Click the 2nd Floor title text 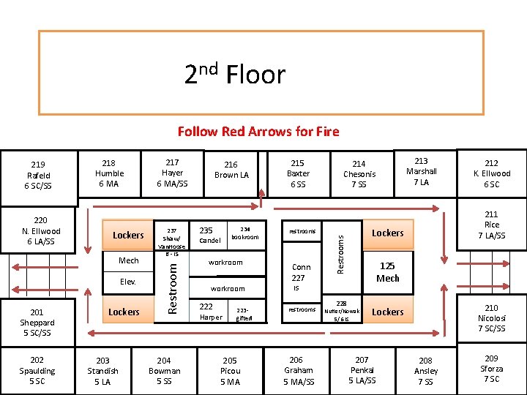point(234,74)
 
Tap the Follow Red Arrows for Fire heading point(258,132)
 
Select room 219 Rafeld point(38,175)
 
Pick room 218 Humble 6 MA point(109,173)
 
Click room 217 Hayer point(172,173)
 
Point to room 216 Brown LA point(231,170)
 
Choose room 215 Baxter point(298,173)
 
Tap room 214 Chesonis point(359,173)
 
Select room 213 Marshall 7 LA point(421,171)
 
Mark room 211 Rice point(492,225)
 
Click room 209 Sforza point(492,369)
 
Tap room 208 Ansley point(426,371)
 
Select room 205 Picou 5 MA point(230,371)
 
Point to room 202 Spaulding point(37,370)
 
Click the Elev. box point(128,282)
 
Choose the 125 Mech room point(388,272)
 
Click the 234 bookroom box point(245,233)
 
